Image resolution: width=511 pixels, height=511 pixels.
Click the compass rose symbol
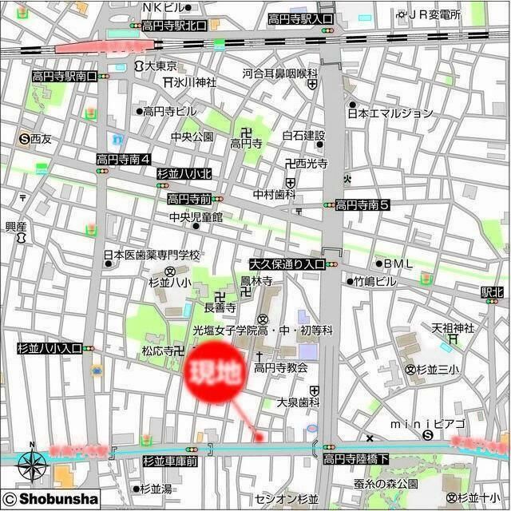(x=31, y=461)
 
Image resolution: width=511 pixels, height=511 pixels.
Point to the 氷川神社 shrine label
(x=195, y=81)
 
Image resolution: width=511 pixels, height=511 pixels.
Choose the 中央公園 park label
(x=192, y=136)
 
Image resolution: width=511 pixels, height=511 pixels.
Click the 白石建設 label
(x=303, y=136)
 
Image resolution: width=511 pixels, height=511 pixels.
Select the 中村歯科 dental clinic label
(x=275, y=194)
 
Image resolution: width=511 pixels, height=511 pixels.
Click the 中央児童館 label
(x=195, y=216)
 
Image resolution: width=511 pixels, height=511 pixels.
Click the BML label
(x=398, y=263)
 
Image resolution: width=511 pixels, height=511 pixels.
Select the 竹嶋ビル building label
(x=375, y=281)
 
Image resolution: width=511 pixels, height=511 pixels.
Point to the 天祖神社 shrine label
(x=453, y=327)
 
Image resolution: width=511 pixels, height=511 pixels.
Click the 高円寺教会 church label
(x=280, y=367)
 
